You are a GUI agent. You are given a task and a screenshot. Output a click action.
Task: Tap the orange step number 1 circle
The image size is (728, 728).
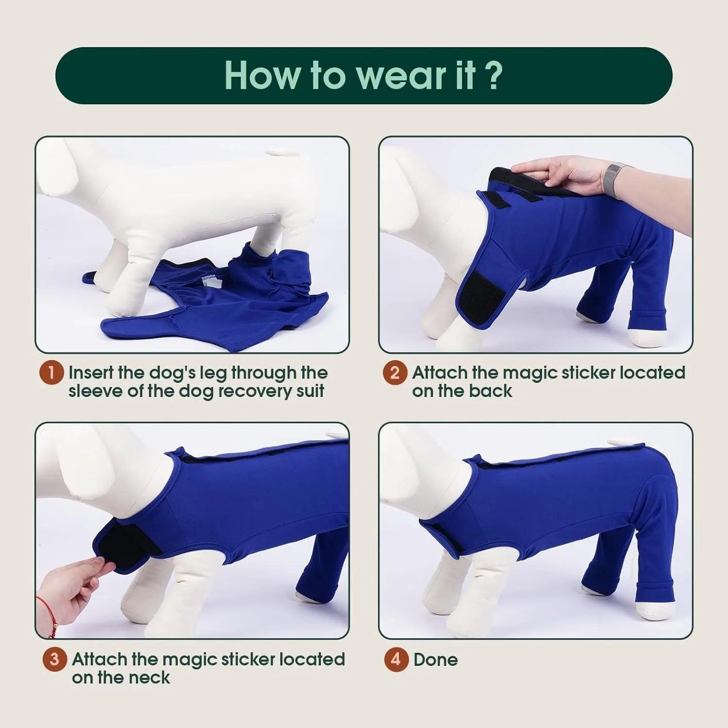tap(51, 373)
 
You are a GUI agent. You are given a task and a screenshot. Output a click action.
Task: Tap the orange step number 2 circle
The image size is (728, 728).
tap(395, 373)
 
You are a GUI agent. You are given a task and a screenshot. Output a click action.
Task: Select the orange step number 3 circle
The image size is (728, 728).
tap(54, 660)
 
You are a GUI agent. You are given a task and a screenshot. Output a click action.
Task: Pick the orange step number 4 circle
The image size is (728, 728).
tap(396, 660)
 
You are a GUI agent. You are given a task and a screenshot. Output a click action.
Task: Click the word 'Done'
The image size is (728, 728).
tap(435, 660)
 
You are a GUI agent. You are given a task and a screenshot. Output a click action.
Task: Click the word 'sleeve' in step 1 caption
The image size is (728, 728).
tap(95, 391)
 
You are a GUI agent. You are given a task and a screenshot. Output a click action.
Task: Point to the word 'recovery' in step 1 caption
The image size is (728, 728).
tap(252, 391)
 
